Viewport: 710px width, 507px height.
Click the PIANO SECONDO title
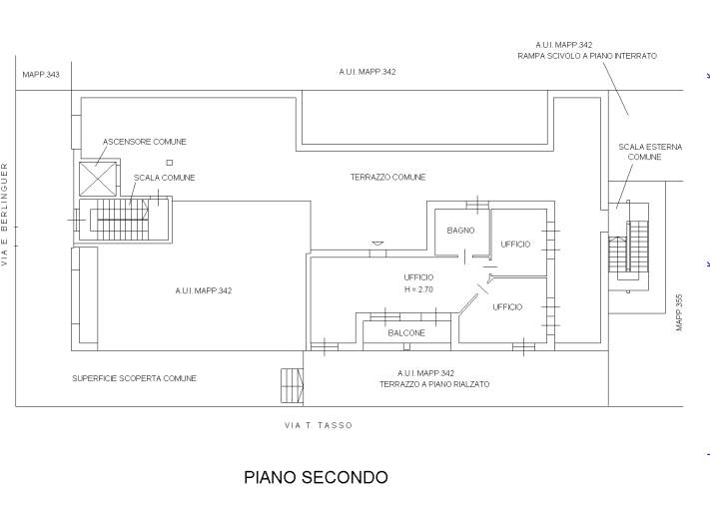point(316,477)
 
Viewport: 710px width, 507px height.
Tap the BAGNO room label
point(460,231)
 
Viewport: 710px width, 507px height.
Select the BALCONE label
point(406,332)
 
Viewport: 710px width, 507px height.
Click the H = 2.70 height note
point(418,289)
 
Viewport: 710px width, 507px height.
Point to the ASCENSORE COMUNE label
point(145,142)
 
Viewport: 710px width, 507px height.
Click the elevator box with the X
point(100,178)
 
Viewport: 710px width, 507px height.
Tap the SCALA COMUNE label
point(164,178)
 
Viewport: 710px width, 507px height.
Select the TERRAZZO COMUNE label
point(387,177)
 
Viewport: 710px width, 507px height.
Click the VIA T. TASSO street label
point(319,425)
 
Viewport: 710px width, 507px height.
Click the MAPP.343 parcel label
point(40,75)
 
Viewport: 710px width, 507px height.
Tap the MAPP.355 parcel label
point(678,311)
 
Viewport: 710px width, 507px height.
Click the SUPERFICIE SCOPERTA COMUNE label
point(134,378)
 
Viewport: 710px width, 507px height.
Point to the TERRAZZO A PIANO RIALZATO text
point(433,384)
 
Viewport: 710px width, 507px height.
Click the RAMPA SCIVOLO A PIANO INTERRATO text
point(586,57)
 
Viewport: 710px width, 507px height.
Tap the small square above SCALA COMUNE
point(170,163)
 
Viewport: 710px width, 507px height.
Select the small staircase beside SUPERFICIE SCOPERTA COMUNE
point(292,384)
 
